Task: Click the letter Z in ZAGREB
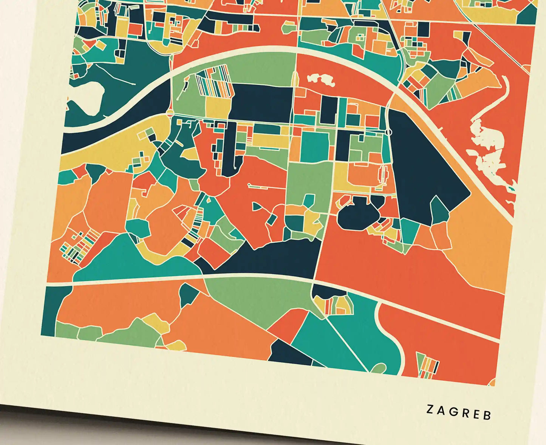[x=430, y=409]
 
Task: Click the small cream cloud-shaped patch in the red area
[x=321, y=80]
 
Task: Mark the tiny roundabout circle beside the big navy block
[x=389, y=132]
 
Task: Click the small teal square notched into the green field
[x=309, y=200]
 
